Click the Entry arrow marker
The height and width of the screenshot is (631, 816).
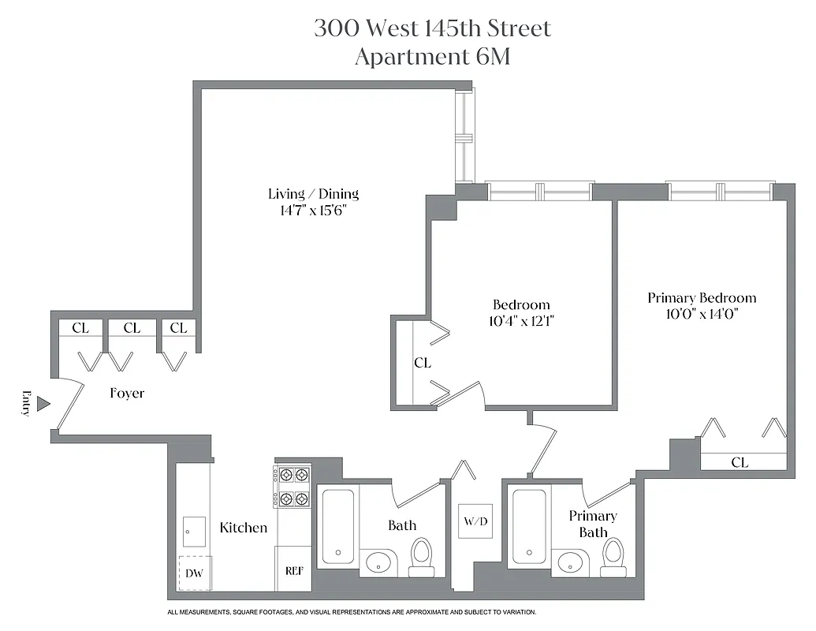(44, 404)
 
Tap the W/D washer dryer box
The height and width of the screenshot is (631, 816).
(475, 521)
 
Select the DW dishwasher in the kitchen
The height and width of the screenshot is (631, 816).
(194, 573)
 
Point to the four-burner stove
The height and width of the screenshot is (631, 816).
(292, 487)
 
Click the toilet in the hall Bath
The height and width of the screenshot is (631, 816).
(423, 558)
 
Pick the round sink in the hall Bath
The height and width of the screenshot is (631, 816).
(379, 562)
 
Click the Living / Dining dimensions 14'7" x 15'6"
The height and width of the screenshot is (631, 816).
(313, 211)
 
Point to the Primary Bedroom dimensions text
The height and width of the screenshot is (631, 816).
(702, 314)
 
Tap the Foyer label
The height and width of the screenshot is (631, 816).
(127, 393)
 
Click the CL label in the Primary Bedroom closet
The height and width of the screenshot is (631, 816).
(740, 463)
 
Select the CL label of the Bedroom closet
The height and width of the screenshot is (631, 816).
(423, 363)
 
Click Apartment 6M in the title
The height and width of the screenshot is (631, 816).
(432, 58)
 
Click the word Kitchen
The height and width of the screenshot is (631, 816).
(244, 528)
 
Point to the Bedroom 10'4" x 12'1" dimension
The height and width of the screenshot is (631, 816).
(521, 321)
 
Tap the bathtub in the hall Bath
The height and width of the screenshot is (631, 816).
(337, 526)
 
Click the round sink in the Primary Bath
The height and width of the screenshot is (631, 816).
(571, 562)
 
